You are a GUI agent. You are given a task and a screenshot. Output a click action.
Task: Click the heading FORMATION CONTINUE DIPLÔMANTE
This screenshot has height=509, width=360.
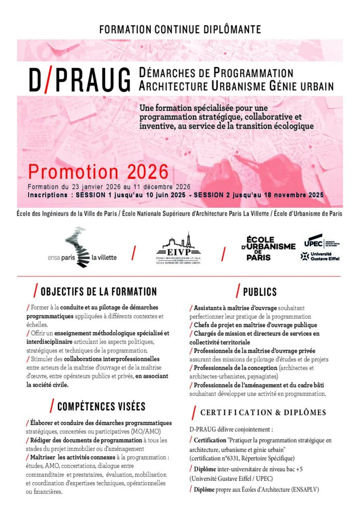[180, 29]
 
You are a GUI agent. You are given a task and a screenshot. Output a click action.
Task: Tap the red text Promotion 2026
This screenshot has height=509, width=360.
[98, 172]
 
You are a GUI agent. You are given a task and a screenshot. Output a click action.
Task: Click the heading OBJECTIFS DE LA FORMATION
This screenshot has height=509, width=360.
[98, 292]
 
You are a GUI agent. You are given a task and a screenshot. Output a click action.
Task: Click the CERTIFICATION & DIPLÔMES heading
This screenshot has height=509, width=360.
[263, 413]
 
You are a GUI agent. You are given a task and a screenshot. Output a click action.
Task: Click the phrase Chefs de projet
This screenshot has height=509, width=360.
[214, 325]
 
